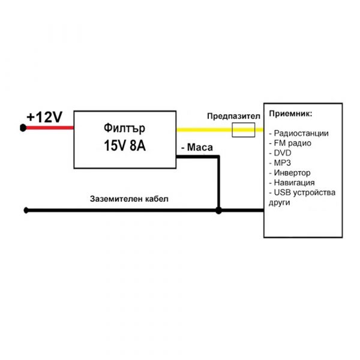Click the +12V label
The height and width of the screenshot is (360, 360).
click(x=44, y=118)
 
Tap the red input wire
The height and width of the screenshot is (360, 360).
click(x=50, y=128)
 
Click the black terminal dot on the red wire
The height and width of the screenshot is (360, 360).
click(x=23, y=128)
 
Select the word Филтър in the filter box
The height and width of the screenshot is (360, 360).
click(x=124, y=128)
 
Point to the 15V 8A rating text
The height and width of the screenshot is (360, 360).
click(x=125, y=146)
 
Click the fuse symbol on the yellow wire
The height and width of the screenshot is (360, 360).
click(x=244, y=130)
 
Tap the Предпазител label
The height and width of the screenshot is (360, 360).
click(x=233, y=116)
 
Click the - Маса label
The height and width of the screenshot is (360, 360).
click(x=197, y=148)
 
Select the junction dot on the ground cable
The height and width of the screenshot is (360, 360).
click(x=218, y=211)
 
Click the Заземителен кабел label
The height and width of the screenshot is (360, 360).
click(x=129, y=199)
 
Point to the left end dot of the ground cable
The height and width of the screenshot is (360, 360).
click(x=26, y=211)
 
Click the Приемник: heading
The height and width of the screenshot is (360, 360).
click(x=290, y=114)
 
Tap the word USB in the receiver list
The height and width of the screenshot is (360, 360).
click(x=282, y=193)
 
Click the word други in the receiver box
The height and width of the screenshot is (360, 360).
click(x=279, y=203)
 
